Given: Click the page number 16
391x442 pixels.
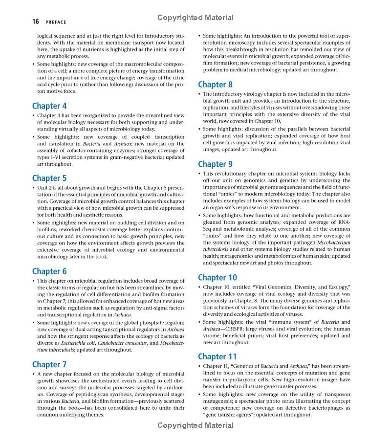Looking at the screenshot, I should pos(36,22).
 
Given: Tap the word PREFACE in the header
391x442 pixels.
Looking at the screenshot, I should pos(56,22).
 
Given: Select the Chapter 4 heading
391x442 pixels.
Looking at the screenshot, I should pos(49,106).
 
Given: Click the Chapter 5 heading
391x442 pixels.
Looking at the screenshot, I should pos(49,178).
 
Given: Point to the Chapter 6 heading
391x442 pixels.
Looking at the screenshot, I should pos(49,271).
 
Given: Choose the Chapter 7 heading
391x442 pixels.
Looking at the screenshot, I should pos(49,364).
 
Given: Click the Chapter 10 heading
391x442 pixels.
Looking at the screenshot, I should pos(217,277).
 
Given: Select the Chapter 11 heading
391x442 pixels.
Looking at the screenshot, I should pos(217,356).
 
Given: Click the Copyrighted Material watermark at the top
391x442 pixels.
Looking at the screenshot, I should pos(195,18).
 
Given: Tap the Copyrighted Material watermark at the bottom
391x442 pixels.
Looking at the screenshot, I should pos(195,425).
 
